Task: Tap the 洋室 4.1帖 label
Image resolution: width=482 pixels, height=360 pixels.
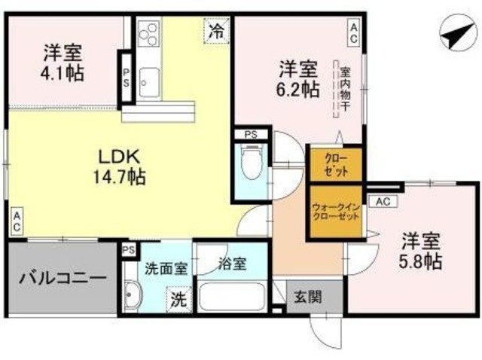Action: [x=63, y=63]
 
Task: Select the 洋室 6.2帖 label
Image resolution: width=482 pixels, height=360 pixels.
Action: [x=297, y=78]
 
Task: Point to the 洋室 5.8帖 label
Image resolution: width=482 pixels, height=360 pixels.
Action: [x=421, y=253]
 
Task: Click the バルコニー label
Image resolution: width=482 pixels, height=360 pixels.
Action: [x=62, y=278]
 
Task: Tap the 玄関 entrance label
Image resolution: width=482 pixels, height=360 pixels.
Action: [x=307, y=295]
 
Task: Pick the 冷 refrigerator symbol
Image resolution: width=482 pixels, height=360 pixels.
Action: [x=216, y=32]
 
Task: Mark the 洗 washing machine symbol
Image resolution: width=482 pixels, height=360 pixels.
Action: [x=178, y=299]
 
